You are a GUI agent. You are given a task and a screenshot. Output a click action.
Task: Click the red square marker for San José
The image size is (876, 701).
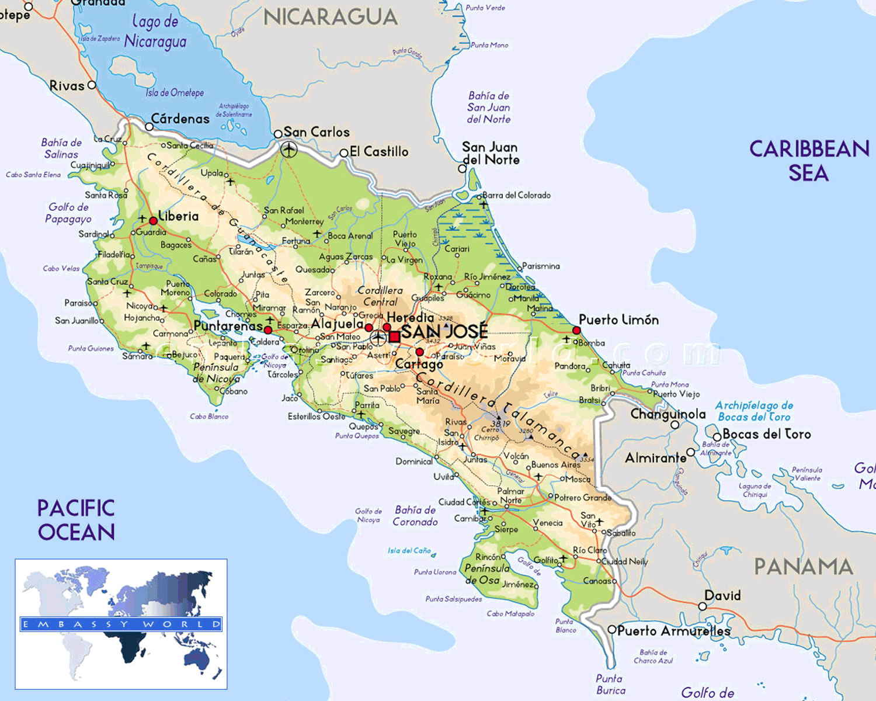coord(395,336)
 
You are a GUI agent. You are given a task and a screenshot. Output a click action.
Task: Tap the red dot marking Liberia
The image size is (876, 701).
coord(153,221)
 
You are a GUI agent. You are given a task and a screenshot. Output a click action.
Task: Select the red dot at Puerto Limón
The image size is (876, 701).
coord(576,331)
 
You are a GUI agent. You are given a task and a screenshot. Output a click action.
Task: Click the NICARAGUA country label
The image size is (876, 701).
coord(331,18)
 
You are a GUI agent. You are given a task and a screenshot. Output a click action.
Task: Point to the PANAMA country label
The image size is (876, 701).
coord(803,567)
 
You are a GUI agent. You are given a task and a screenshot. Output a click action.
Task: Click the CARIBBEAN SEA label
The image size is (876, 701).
coord(809,161)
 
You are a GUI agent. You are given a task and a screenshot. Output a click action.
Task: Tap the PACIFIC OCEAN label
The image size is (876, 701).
coord(76,520)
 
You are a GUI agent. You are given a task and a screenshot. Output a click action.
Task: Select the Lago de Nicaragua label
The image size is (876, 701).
coord(155,32)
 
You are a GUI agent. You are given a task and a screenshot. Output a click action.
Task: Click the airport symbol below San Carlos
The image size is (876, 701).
coord(288,150)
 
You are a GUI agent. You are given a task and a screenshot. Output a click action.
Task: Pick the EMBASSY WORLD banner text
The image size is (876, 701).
coord(121,624)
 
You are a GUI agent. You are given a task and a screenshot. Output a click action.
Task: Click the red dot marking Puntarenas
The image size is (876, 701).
coord(268,330)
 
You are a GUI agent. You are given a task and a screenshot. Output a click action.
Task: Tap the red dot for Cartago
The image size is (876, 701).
coord(419,352)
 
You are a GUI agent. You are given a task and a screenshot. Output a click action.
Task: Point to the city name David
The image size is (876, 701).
coord(722,596)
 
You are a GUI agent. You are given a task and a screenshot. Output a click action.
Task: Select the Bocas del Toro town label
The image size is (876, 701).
coord(766,434)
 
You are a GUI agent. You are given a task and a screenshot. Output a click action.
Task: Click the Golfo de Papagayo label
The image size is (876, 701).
coord(68,213)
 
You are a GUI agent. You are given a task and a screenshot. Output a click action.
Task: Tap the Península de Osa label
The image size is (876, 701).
coord(487,574)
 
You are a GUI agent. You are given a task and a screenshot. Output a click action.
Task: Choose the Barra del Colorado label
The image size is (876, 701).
coord(516,195)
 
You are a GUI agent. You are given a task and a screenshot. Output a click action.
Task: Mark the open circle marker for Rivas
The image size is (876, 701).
coord(92,85)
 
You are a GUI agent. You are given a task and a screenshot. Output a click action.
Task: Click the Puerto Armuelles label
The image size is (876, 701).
coord(673,631)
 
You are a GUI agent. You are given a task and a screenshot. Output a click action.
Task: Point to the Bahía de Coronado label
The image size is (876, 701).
coord(415,516)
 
